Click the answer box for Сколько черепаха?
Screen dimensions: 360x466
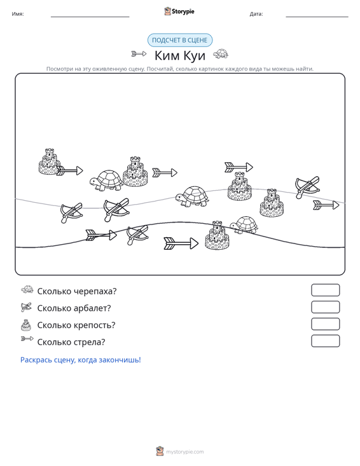click(325, 290)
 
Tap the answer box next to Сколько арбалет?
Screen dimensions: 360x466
click(325, 307)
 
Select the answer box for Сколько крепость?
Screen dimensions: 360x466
click(325, 324)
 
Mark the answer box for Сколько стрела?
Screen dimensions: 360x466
click(325, 341)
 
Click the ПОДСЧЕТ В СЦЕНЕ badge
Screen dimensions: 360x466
click(180, 40)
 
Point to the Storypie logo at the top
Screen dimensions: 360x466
click(179, 11)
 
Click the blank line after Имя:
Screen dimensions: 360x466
click(90, 17)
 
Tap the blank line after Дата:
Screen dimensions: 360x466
click(317, 17)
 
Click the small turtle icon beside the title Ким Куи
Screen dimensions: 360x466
click(221, 54)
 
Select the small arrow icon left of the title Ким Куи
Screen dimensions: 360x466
click(139, 54)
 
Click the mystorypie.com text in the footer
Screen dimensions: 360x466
click(185, 452)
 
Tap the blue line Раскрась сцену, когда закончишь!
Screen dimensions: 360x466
click(81, 360)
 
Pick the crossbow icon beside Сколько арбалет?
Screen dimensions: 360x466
click(26, 307)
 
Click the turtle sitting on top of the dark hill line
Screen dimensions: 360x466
click(244, 225)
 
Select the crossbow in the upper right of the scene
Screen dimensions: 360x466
click(307, 188)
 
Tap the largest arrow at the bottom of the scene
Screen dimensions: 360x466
click(181, 243)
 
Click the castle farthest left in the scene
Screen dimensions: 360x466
click(49, 162)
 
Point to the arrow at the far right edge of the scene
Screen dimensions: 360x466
click(326, 205)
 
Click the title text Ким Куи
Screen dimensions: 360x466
click(180, 55)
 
